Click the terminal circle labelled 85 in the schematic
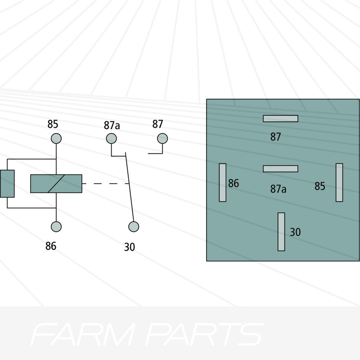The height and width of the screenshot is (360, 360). (x=56, y=138)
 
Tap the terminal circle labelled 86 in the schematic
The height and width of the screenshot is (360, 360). (x=56, y=227)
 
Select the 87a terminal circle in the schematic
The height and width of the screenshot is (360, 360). (x=111, y=138)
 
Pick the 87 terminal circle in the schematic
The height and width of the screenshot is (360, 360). (x=162, y=138)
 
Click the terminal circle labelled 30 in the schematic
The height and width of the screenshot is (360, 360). (x=133, y=227)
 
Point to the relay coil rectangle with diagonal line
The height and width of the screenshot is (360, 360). (x=56, y=184)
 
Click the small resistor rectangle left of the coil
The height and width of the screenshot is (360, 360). (x=7, y=184)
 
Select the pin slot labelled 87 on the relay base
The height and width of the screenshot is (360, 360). (x=280, y=118)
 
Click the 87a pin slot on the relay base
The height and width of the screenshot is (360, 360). (x=280, y=169)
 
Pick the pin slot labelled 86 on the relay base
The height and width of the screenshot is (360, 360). (x=222, y=182)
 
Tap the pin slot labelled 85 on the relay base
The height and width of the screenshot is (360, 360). (x=339, y=182)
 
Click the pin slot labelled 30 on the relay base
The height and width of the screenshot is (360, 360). (x=281, y=231)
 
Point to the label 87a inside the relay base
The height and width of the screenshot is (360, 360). (x=278, y=189)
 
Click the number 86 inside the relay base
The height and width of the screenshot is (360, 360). (x=234, y=184)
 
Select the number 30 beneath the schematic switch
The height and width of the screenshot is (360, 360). (x=129, y=247)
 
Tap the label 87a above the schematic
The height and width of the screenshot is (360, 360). (x=112, y=125)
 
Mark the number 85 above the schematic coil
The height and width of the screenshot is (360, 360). (x=53, y=124)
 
